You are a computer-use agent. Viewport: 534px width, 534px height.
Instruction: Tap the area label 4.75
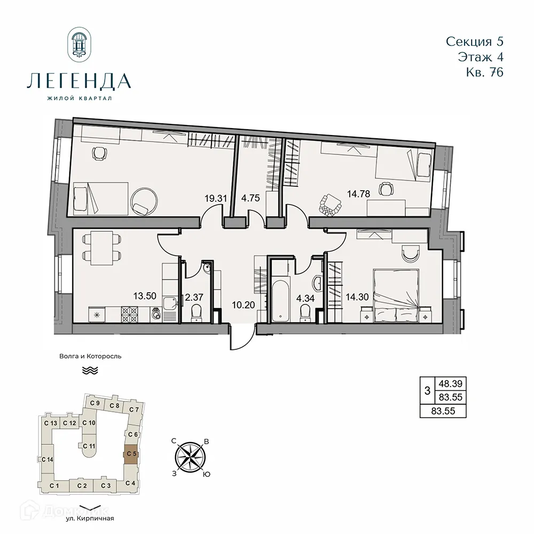coord(250,198)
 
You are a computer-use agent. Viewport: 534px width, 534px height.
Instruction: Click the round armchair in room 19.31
coord(143,200)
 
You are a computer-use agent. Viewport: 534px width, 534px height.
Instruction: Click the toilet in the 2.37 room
coord(195,311)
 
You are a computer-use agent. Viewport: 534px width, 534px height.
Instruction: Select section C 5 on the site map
coord(131,454)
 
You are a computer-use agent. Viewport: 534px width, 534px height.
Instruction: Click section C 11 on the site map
coord(89,446)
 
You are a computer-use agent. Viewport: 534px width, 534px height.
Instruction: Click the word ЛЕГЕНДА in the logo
coord(78,81)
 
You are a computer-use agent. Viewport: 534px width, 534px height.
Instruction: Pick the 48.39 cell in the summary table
coord(450,383)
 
